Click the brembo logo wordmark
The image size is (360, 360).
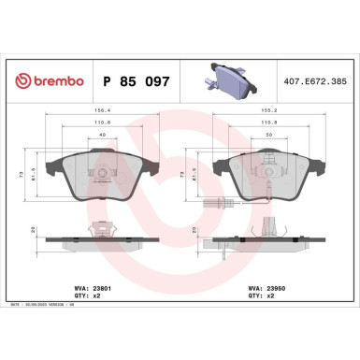click(54, 82)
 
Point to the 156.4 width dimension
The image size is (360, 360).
click(94, 110)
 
